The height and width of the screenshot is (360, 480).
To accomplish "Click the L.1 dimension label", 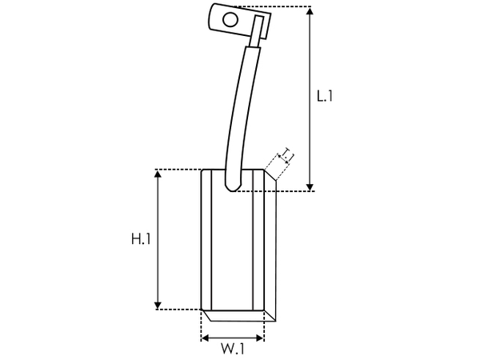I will pos(324,97).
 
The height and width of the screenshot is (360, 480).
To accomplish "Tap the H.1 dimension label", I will pos(141,238).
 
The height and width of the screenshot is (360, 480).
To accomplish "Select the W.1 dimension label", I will pos(232,348).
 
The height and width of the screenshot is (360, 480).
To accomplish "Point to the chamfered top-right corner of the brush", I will pos(269,175).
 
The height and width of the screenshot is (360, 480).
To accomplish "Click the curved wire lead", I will pos(240,104).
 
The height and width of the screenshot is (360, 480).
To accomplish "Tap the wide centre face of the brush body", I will pos(232,248).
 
